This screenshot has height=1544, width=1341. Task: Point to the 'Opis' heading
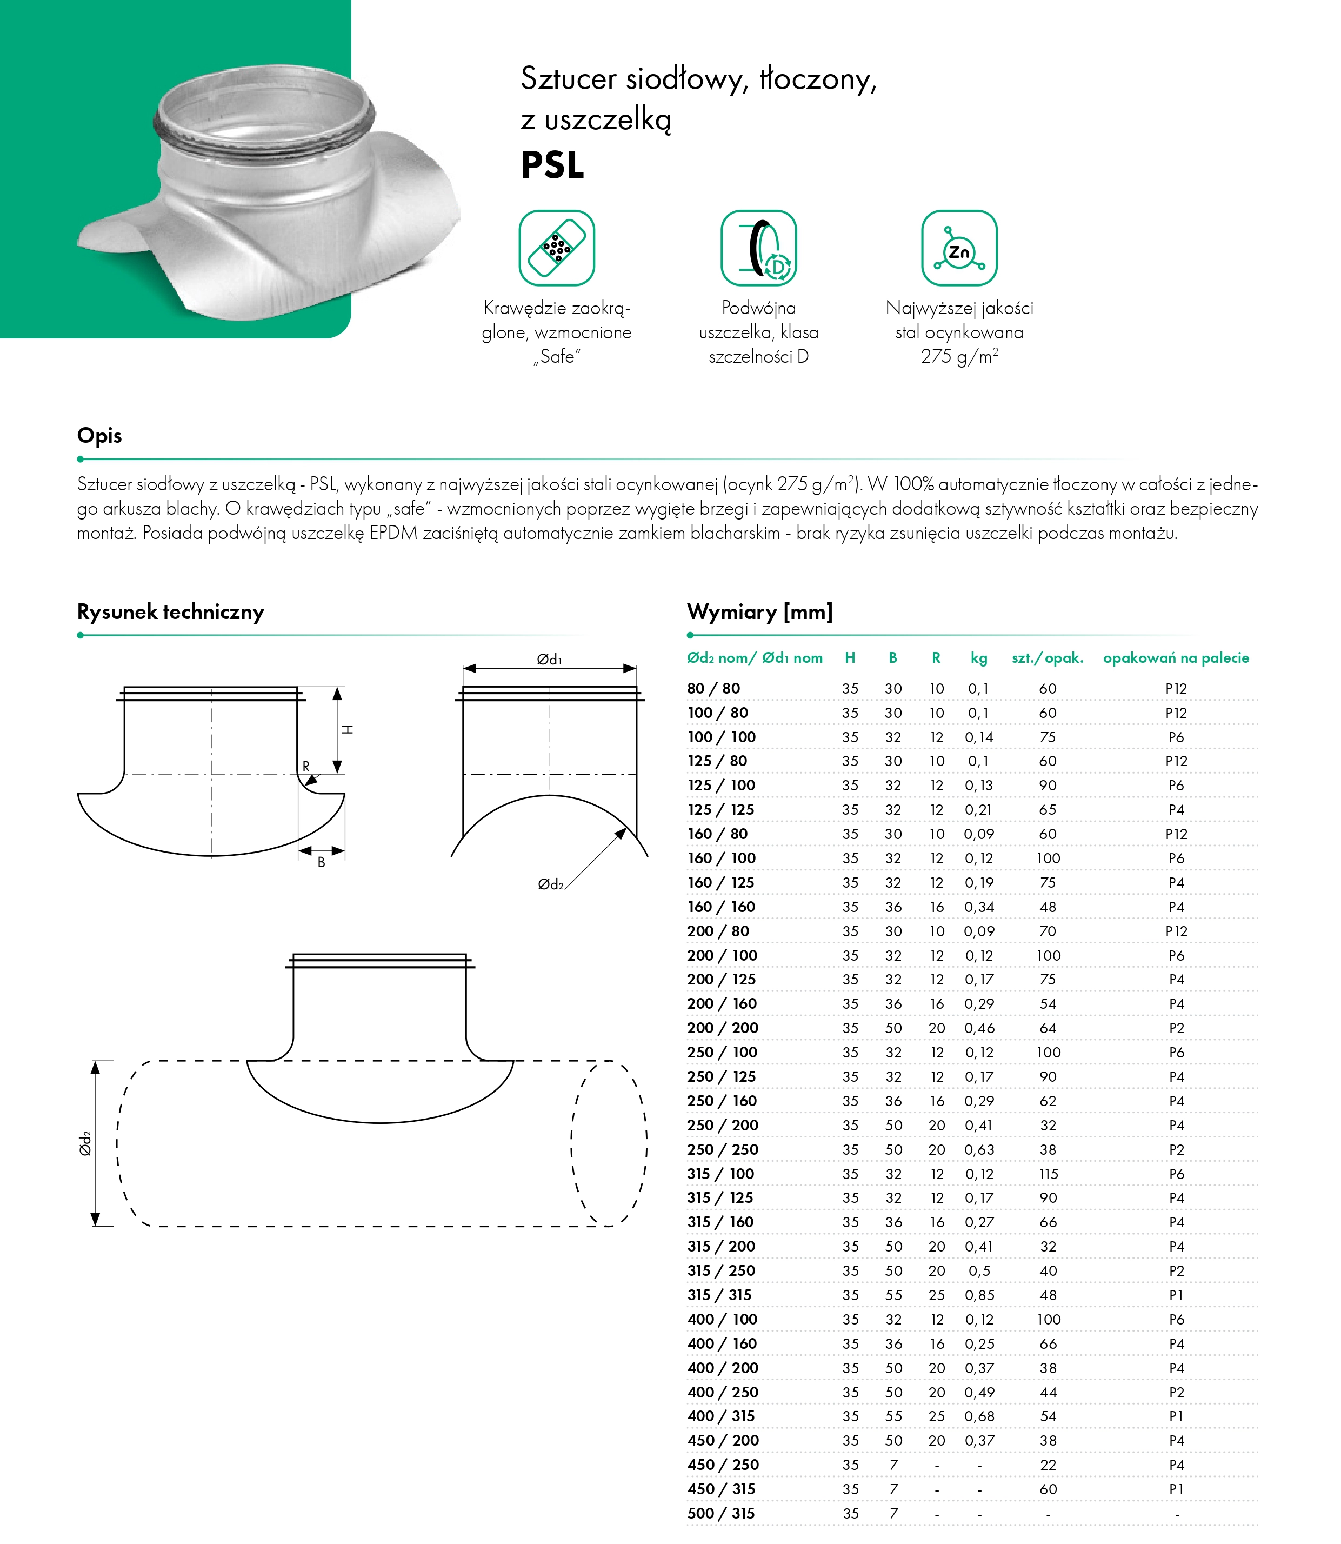(x=99, y=436)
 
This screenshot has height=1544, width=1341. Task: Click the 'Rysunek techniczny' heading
(x=171, y=612)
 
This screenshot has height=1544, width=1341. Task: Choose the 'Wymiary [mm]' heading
(x=759, y=612)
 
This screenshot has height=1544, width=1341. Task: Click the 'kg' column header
(x=979, y=658)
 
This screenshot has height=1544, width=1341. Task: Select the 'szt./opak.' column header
(x=1047, y=658)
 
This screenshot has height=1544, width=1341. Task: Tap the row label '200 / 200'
(x=722, y=1028)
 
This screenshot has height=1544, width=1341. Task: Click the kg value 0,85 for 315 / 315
(x=979, y=1295)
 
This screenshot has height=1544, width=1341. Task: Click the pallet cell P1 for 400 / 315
(x=1176, y=1416)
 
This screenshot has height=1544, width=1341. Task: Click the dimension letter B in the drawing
(x=321, y=862)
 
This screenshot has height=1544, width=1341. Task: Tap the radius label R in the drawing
(x=305, y=767)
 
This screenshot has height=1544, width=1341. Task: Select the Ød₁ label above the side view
(x=549, y=660)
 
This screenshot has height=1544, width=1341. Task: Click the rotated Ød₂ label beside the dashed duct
(x=85, y=1143)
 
